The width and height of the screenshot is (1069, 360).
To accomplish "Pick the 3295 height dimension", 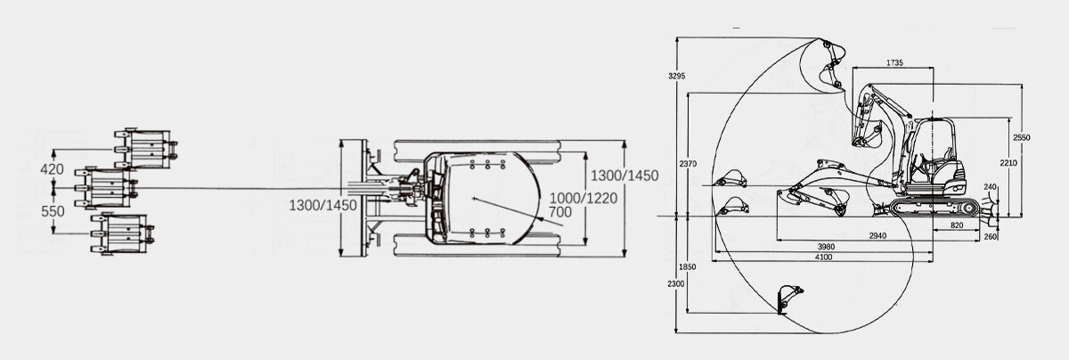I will pyautogui.click(x=677, y=76).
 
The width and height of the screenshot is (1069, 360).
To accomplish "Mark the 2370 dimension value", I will pyautogui.click(x=687, y=165).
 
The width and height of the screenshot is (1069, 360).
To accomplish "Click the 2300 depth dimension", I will pyautogui.click(x=677, y=283).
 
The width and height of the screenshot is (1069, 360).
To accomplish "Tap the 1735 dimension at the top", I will pyautogui.click(x=895, y=62).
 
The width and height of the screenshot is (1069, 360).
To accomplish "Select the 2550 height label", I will pyautogui.click(x=1022, y=137).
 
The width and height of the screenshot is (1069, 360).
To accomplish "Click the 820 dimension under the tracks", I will pyautogui.click(x=957, y=225).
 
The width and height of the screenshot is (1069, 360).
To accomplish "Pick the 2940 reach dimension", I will pyautogui.click(x=877, y=235).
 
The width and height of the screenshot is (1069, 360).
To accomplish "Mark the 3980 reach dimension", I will pyautogui.click(x=826, y=246).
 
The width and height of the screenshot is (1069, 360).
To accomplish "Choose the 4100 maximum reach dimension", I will pyautogui.click(x=822, y=257).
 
